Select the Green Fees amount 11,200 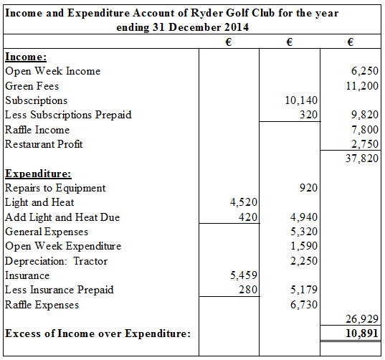point(362,85)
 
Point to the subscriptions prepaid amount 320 point(309,115)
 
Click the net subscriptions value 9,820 point(365,115)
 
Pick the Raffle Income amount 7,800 point(365,130)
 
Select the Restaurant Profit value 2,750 point(365,144)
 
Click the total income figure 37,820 point(362,158)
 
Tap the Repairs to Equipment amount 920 point(309,188)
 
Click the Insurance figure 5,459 point(242,275)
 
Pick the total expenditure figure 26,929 point(362,319)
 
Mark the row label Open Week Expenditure point(63,246)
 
